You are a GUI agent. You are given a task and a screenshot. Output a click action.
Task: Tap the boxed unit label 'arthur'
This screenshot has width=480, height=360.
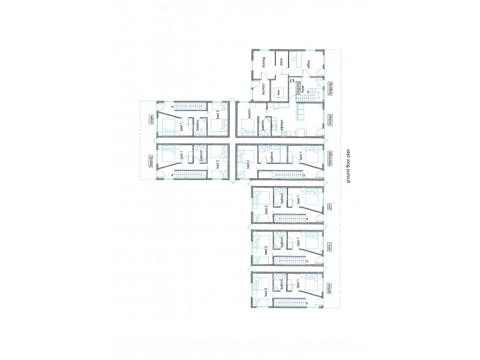click(329, 284)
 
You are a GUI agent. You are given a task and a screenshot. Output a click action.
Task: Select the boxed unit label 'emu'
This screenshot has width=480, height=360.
click(329, 247)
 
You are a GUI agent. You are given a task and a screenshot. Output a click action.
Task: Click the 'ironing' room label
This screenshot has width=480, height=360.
click(264, 62)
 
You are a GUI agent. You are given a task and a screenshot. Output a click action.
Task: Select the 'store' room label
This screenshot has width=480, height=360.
click(281, 62)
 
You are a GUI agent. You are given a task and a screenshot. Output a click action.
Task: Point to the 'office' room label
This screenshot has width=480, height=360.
click(308, 65)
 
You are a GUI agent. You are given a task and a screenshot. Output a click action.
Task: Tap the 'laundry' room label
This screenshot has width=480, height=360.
click(264, 89)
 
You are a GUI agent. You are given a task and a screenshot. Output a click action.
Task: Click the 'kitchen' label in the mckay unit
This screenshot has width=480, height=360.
click(281, 125)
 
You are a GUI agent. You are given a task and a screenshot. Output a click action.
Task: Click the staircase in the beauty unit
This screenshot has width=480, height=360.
click(190, 175)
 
